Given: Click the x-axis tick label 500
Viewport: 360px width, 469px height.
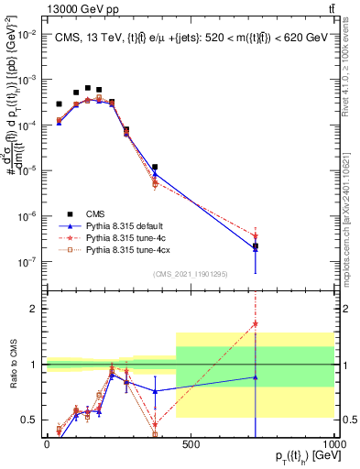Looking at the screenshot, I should point(191,443).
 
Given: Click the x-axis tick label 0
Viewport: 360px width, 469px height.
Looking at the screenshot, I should point(47,443).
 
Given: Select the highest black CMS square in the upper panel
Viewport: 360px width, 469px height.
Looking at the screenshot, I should point(88,88).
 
